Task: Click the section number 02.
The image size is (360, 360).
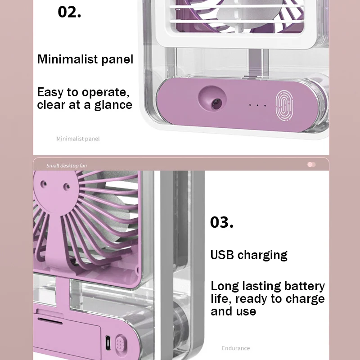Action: click(x=69, y=12)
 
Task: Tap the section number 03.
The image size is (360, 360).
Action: click(x=222, y=222)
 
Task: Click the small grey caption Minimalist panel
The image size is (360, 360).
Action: click(x=78, y=139)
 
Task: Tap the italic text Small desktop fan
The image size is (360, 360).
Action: click(x=67, y=166)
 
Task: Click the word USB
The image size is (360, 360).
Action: click(x=222, y=255)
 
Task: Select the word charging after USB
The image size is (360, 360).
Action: click(x=262, y=255)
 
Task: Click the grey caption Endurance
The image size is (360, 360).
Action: click(x=235, y=348)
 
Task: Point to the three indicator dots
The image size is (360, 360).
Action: click(x=258, y=106)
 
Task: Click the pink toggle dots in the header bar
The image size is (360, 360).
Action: click(x=311, y=165)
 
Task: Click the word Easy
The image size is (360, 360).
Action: click(x=50, y=93)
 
